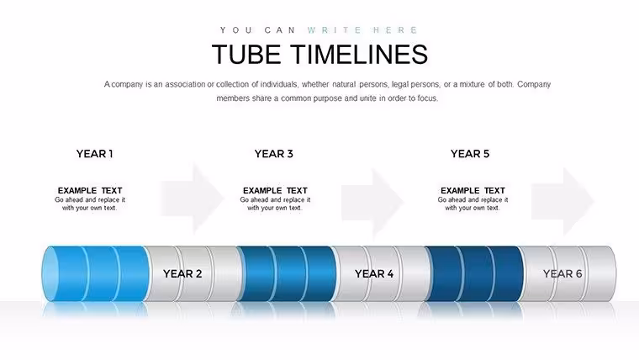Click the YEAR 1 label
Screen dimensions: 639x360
(94, 154)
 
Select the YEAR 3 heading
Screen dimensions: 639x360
(274, 154)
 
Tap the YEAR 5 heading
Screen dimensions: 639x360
(470, 154)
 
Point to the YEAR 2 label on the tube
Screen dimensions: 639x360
(182, 273)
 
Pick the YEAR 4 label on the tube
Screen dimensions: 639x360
(374, 273)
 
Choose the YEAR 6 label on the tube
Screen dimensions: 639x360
(562, 273)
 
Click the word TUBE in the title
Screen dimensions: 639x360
(246, 54)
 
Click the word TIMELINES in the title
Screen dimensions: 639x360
(359, 54)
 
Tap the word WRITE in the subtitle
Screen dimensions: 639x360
(335, 30)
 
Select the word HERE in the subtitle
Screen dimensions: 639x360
(395, 30)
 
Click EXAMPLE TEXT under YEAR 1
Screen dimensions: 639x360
(90, 190)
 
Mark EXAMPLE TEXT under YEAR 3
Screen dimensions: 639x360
(275, 190)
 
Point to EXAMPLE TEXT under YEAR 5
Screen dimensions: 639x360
(473, 190)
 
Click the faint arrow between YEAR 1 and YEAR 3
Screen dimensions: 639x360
(193, 199)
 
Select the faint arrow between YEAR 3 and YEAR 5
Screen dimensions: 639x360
(372, 204)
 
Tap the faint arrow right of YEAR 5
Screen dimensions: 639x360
(562, 201)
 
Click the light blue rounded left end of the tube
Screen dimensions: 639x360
(50, 273)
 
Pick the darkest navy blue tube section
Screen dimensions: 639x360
(474, 273)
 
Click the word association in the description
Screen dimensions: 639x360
(185, 84)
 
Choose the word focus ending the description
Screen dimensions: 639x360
(428, 98)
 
